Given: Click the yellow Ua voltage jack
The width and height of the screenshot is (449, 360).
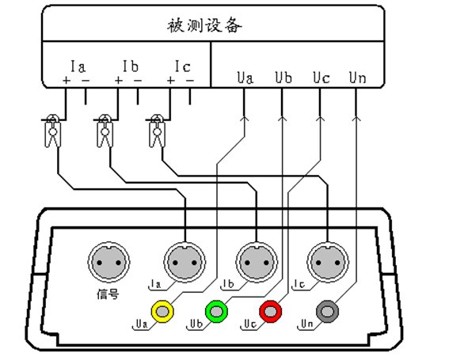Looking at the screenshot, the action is coord(162,311).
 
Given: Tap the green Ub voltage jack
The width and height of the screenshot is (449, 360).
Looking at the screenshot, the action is coord(216,311).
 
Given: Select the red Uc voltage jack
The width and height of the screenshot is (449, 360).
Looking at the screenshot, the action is coord(270,311).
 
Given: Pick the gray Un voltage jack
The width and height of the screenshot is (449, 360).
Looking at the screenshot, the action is coord(327,311).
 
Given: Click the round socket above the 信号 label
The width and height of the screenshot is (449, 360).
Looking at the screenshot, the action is coord(108,262).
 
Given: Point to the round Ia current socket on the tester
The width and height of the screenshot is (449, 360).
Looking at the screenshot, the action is coord(185,262).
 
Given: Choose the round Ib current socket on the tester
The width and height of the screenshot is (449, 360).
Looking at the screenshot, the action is coord(257,262).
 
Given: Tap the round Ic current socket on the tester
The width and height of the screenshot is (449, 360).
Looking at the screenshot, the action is coord(328,262).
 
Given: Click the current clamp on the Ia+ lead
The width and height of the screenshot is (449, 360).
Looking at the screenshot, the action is coord(53,131).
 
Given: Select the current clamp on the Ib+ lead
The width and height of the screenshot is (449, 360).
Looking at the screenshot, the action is coord(105,131).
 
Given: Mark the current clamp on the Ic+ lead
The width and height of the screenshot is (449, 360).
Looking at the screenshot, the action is coord(157,131).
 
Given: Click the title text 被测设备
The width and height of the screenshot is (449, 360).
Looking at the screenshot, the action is coord(204,25).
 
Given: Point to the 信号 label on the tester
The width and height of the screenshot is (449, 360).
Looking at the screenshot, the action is coord(108,294).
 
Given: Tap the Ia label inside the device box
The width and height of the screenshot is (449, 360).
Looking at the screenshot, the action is coord(78,66).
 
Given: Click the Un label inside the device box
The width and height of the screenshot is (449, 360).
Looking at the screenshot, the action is coord(357,78).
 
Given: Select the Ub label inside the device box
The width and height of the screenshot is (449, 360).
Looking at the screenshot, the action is coord(283,78).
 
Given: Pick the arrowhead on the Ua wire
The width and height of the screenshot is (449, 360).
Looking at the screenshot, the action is coord(244,118).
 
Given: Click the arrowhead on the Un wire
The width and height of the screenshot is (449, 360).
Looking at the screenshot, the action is coord(356,118).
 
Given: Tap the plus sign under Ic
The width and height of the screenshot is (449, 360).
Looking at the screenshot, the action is coord(171,81).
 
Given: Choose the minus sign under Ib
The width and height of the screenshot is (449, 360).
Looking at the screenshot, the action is coord(138,81).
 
